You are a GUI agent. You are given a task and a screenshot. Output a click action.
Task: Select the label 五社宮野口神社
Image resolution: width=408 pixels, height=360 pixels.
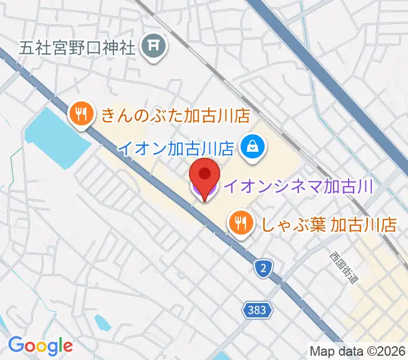click(76, 47)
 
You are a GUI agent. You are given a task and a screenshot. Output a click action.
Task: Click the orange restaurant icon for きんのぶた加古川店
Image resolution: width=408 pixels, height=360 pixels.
click(80, 113)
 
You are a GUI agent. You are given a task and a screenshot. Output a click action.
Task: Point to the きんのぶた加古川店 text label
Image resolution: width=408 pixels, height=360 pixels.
click(174, 114)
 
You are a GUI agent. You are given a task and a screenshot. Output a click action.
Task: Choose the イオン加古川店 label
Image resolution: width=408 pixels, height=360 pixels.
click(175, 148)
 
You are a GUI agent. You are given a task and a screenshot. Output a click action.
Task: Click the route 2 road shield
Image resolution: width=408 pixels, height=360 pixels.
click(263, 268)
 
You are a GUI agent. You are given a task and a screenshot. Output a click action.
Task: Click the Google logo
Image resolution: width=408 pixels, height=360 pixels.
click(40, 346)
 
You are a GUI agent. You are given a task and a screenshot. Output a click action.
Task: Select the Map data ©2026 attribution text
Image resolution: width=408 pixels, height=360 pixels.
click(358, 350)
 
